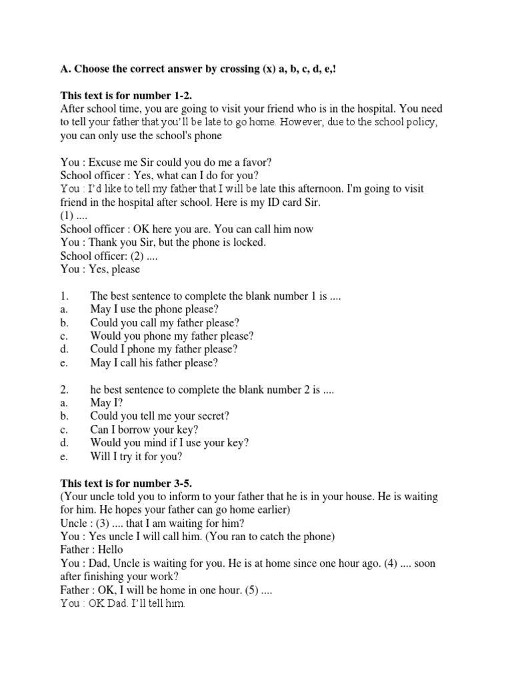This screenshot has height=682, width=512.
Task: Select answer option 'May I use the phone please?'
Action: (x=154, y=310)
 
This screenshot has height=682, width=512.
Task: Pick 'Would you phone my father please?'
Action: (x=172, y=336)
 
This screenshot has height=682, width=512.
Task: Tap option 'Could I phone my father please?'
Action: (x=163, y=350)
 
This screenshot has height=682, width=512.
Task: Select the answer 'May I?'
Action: (x=107, y=403)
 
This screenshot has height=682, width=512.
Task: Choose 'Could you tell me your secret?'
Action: (x=160, y=416)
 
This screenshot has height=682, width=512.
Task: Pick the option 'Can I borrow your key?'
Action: (x=144, y=430)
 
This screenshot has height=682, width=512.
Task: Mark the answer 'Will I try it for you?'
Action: (x=145, y=456)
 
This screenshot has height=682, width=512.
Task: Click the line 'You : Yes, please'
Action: (x=101, y=270)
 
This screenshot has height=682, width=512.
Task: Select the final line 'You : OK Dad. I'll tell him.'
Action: (x=122, y=603)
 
